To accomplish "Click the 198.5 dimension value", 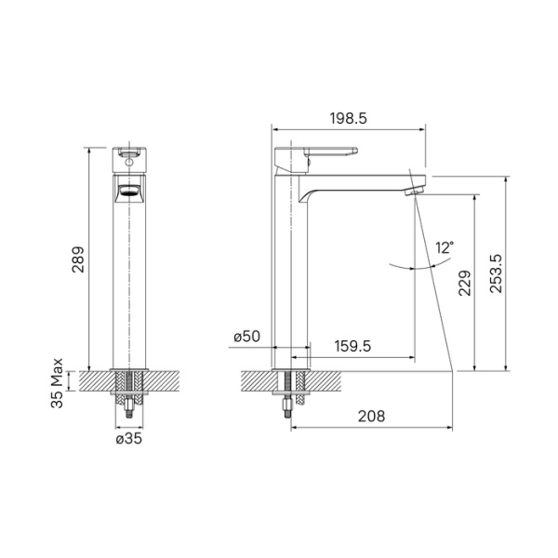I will tap(349, 119).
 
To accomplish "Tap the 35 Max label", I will tap(59, 382).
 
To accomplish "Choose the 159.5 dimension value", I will tap(352, 345).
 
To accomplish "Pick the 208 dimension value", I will tap(371, 417).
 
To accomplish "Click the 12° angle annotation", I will tap(445, 247).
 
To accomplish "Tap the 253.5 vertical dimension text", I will tap(496, 276).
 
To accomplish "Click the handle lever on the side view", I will tap(325, 153).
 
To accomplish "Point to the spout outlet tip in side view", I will tap(417, 189).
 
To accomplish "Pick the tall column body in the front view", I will tap(129, 279).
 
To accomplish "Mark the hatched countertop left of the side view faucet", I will tap(258, 380).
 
